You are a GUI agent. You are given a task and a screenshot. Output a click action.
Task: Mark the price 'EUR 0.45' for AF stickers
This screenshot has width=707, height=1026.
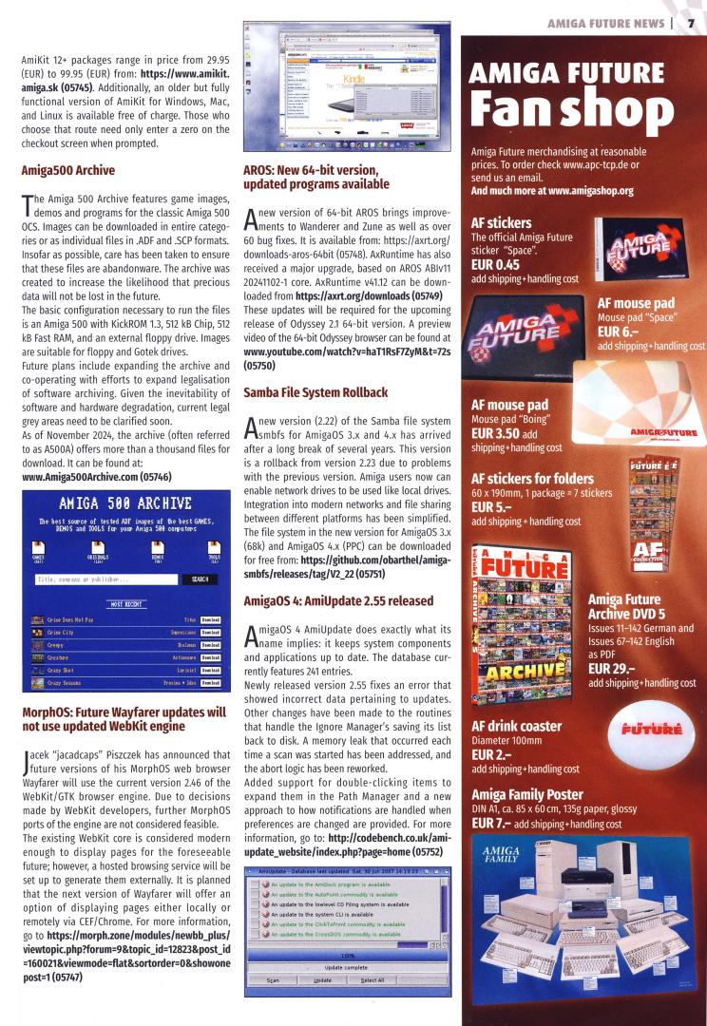tap(496, 264)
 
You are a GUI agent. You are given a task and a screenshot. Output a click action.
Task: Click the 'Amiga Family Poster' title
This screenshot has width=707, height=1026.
tap(532, 794)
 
